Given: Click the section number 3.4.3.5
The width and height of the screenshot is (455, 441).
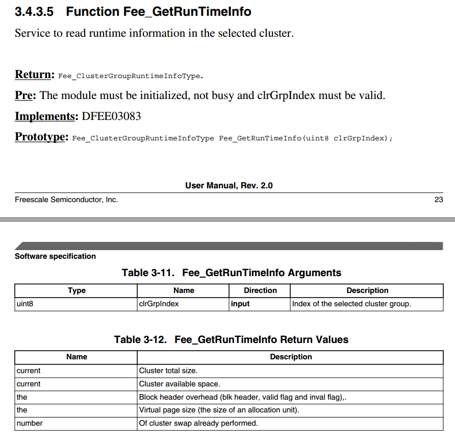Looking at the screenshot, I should [35, 11].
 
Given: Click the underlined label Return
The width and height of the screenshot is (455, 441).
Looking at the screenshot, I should [34, 75].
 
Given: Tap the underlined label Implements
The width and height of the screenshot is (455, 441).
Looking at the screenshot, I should [45, 116].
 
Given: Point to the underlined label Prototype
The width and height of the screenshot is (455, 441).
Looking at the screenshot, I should [40, 137].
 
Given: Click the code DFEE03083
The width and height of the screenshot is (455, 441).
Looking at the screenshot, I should [111, 116].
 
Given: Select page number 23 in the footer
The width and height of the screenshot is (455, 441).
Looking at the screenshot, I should [439, 200].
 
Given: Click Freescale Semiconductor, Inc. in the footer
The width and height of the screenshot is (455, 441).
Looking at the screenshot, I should [66, 200].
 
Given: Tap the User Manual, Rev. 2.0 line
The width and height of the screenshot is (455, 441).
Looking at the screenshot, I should [229, 185].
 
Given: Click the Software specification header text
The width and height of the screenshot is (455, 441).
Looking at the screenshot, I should [55, 256].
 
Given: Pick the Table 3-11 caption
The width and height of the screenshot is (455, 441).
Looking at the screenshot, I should [231, 273].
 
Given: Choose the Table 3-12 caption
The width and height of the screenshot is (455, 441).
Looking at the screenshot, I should [231, 339].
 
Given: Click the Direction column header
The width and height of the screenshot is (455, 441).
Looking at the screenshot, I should [260, 290].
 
